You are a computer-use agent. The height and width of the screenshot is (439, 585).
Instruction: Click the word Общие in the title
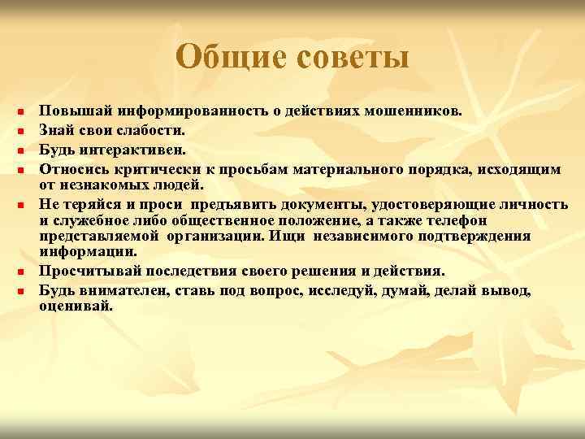coord(229,57)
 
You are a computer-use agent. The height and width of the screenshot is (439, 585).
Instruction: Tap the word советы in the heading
coord(350,57)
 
